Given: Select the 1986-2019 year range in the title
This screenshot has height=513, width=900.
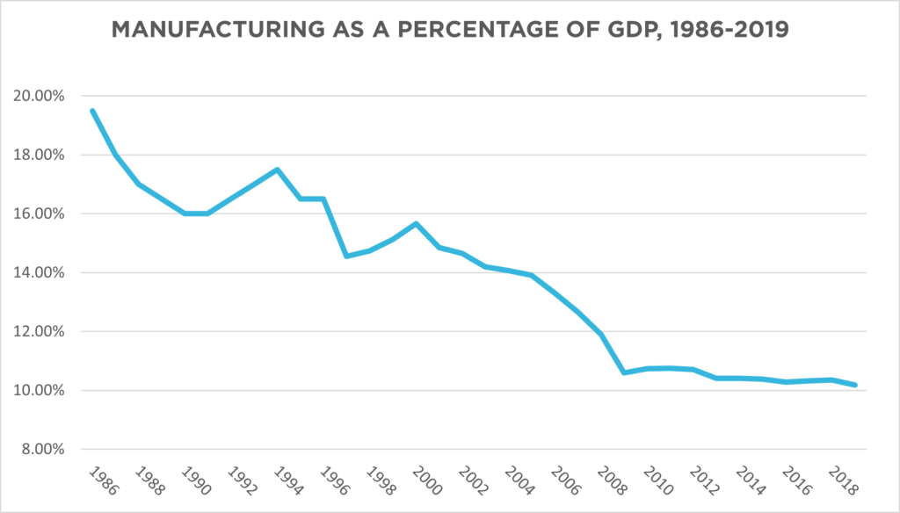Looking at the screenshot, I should coord(722,33).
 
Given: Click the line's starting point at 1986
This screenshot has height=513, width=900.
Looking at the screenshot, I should coord(92,111).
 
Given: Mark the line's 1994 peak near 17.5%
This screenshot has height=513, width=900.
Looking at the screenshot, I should coord(277,170).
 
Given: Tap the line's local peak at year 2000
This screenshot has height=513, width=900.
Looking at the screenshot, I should coord(416,223).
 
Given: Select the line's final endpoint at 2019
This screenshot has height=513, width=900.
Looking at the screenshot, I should coord(855,385).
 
